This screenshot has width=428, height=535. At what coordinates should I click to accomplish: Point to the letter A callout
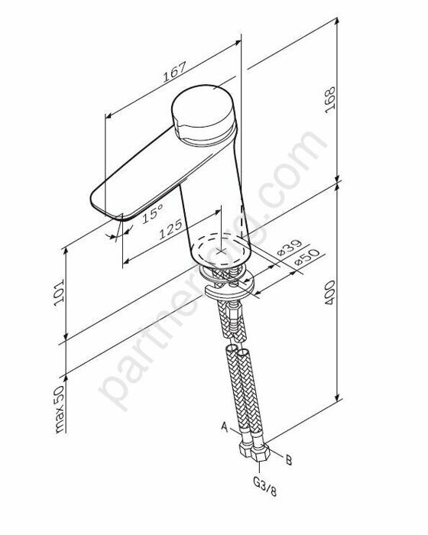coord(224,426)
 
